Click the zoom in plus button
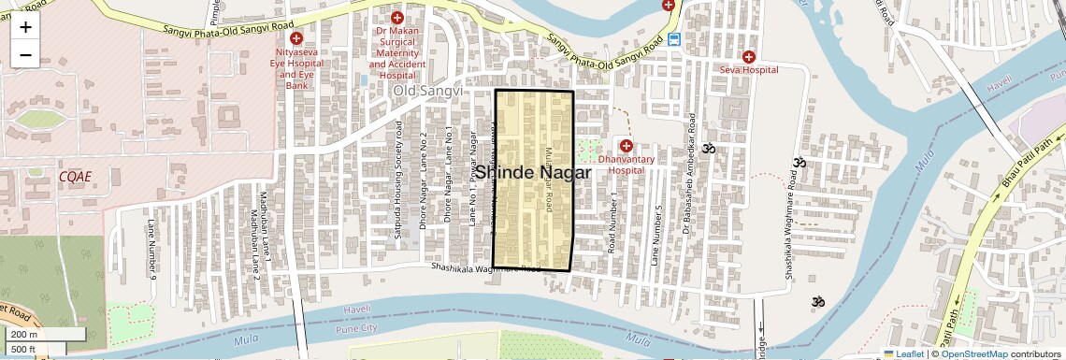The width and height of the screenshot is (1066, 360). [x=25, y=26]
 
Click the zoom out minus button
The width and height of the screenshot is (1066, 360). [x=25, y=54]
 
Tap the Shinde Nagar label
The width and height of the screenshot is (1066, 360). [x=533, y=173]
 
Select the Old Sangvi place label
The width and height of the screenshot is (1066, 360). [x=427, y=91]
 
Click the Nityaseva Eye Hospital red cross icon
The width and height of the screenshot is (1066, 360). [x=296, y=38]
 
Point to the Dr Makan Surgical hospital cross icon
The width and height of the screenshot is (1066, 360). [x=397, y=18]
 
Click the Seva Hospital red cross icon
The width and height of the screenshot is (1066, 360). [x=748, y=57]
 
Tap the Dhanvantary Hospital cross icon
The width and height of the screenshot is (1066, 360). [x=626, y=146]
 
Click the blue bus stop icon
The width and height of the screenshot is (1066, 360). [x=674, y=40]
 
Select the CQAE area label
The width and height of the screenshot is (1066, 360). [x=75, y=176]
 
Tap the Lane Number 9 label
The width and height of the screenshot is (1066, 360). [x=151, y=249]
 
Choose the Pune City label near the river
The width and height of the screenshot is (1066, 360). [x=359, y=328]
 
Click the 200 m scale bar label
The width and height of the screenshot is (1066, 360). [x=25, y=335]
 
